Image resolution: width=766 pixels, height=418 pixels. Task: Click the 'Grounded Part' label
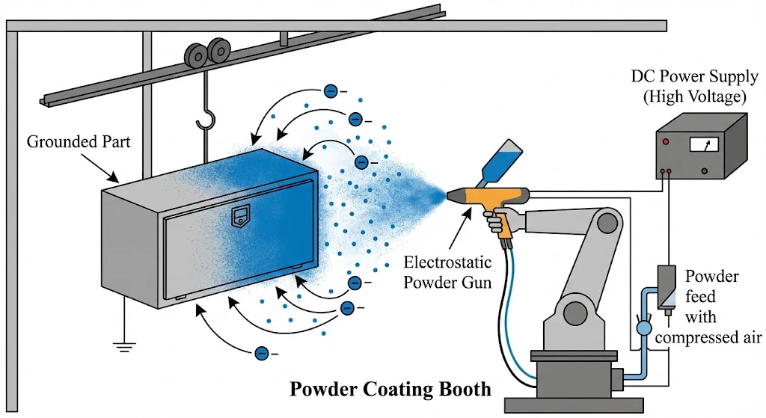pos(79,141)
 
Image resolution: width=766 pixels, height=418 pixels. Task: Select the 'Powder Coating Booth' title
pos(390,390)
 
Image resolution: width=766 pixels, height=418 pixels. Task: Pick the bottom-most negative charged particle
pos(262,353)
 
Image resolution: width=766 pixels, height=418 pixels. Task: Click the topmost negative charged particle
pos(330,91)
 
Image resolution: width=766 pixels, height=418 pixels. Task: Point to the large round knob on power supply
pos(705,172)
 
